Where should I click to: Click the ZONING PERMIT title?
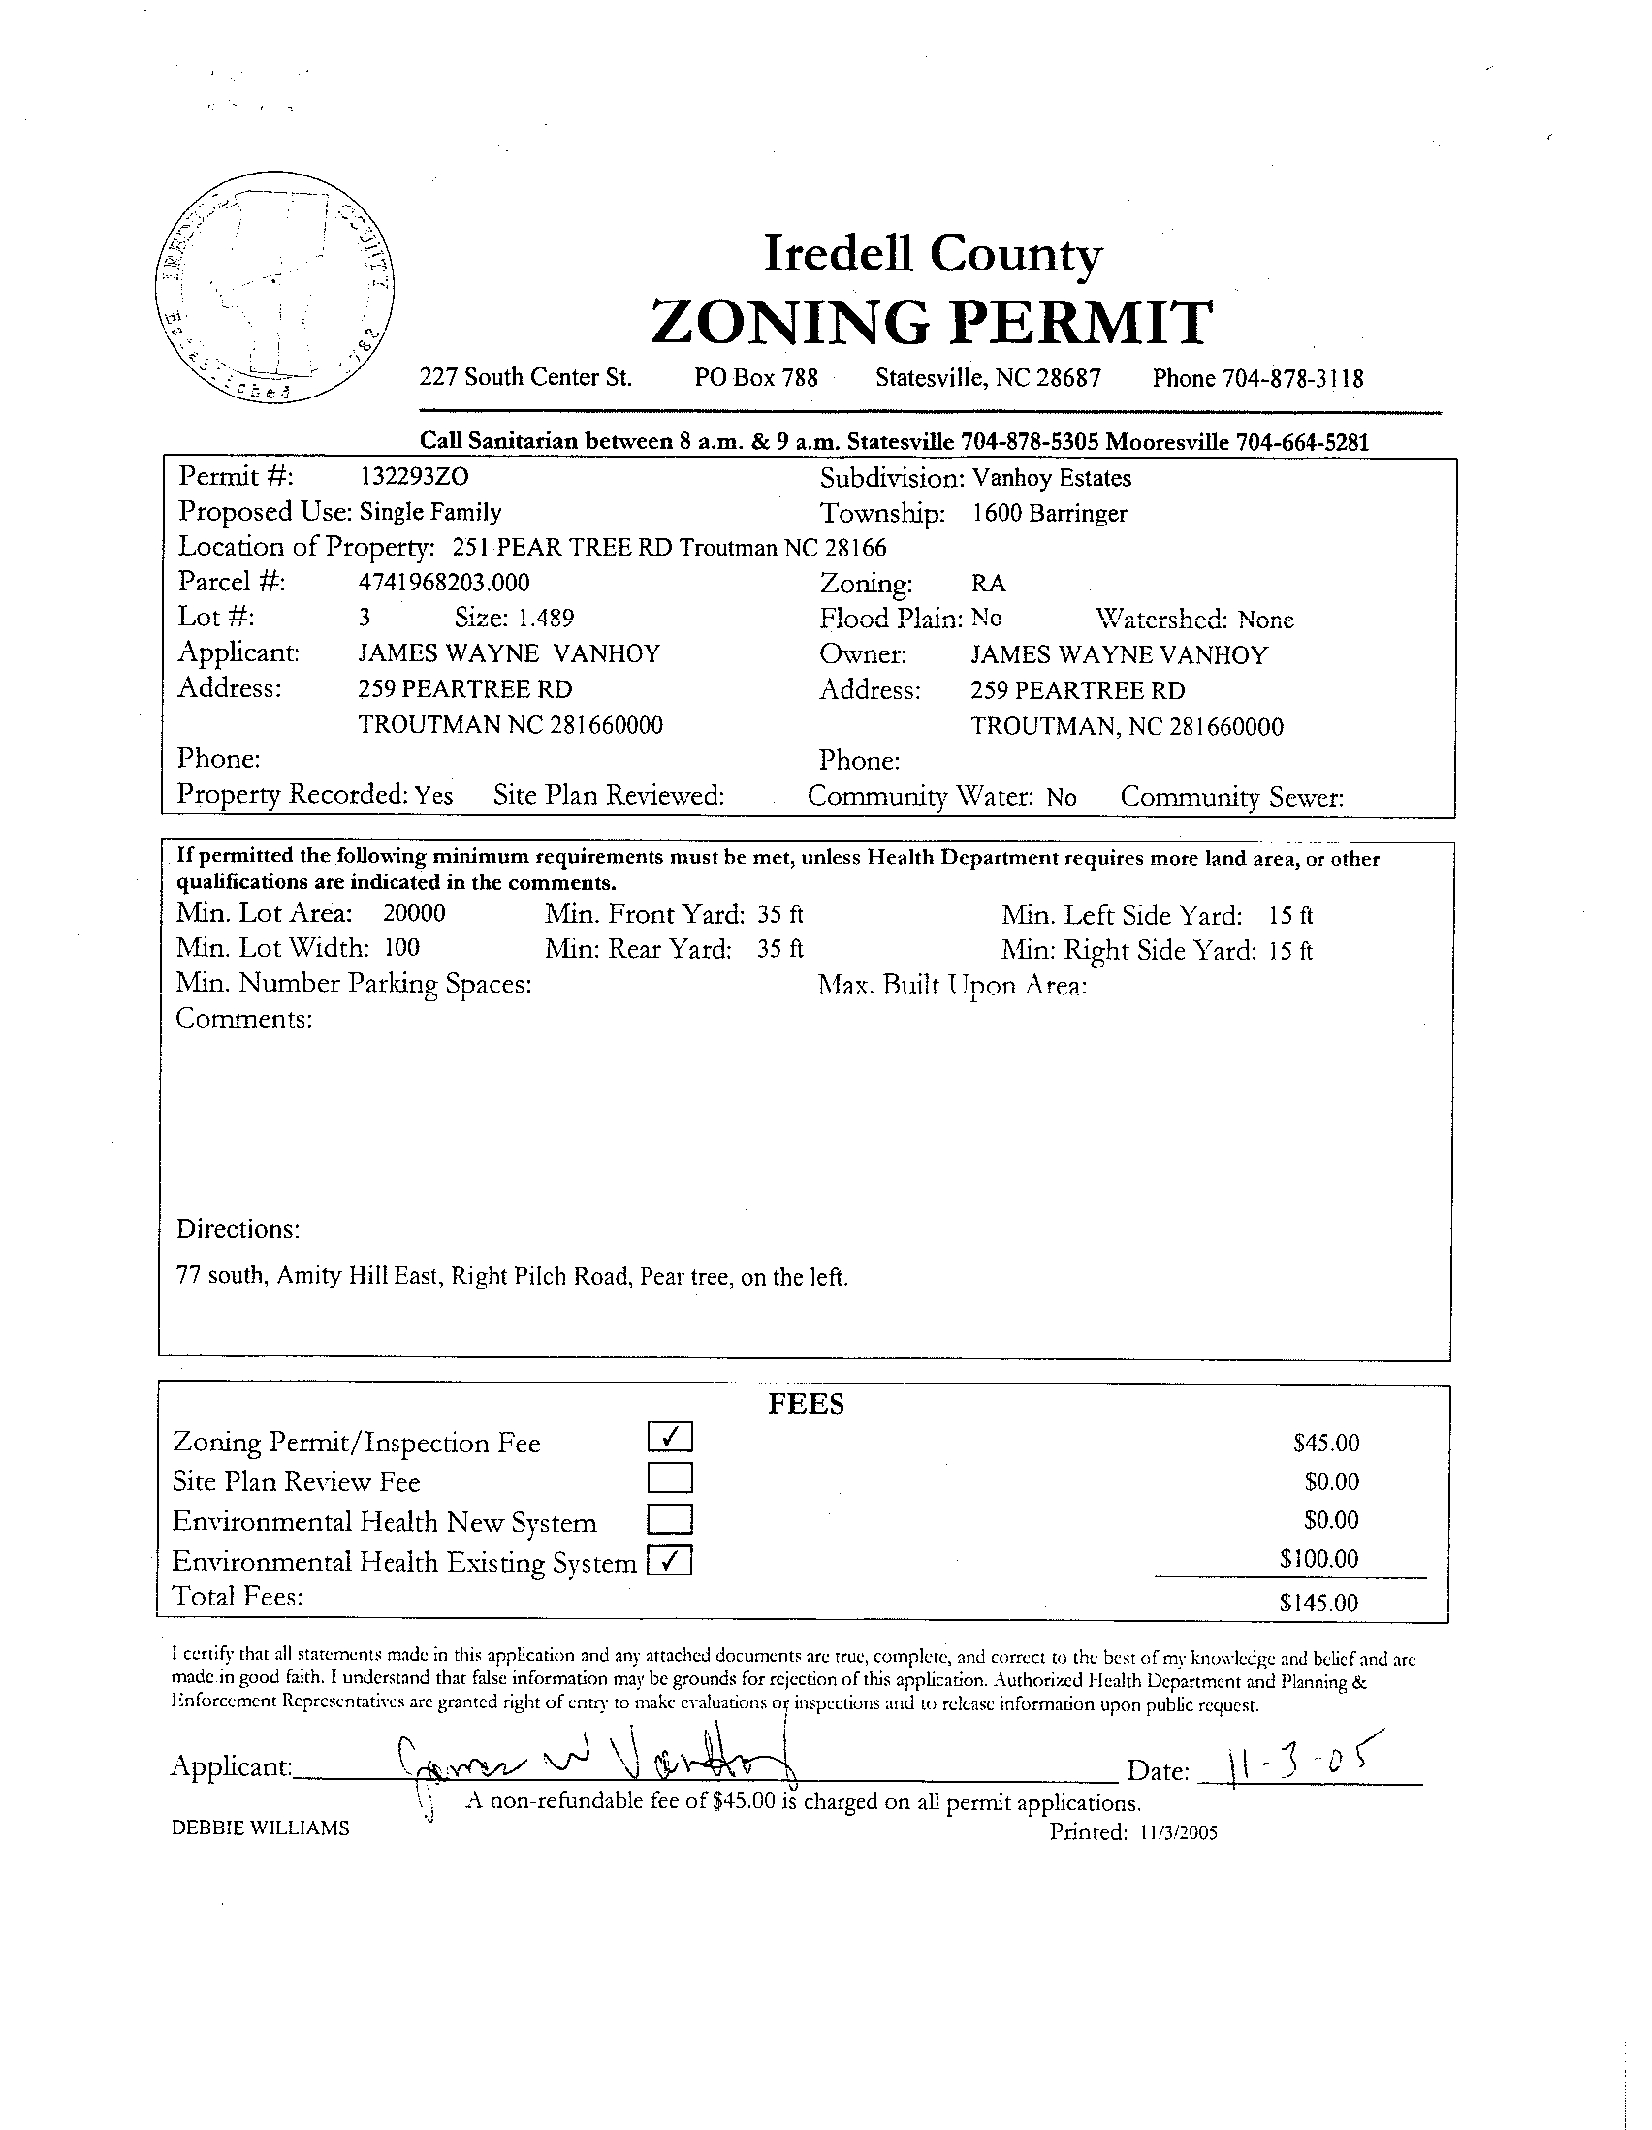[932, 323]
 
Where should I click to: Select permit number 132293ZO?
[415, 477]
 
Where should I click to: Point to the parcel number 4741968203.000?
[445, 584]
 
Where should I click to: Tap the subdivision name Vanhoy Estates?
[1051, 479]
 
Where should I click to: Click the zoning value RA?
[988, 585]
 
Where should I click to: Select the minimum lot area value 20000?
[414, 914]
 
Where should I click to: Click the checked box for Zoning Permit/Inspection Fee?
[670, 1437]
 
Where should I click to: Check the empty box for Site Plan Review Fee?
[670, 1478]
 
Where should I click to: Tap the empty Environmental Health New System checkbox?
[670, 1519]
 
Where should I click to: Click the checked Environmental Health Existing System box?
[670, 1562]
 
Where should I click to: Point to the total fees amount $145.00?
[1318, 1603]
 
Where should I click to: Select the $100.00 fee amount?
[1318, 1559]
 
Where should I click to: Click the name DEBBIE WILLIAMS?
[261, 1828]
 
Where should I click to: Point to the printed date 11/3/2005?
[1176, 1832]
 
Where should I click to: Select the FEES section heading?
[806, 1404]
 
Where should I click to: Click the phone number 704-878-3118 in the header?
[1295, 378]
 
